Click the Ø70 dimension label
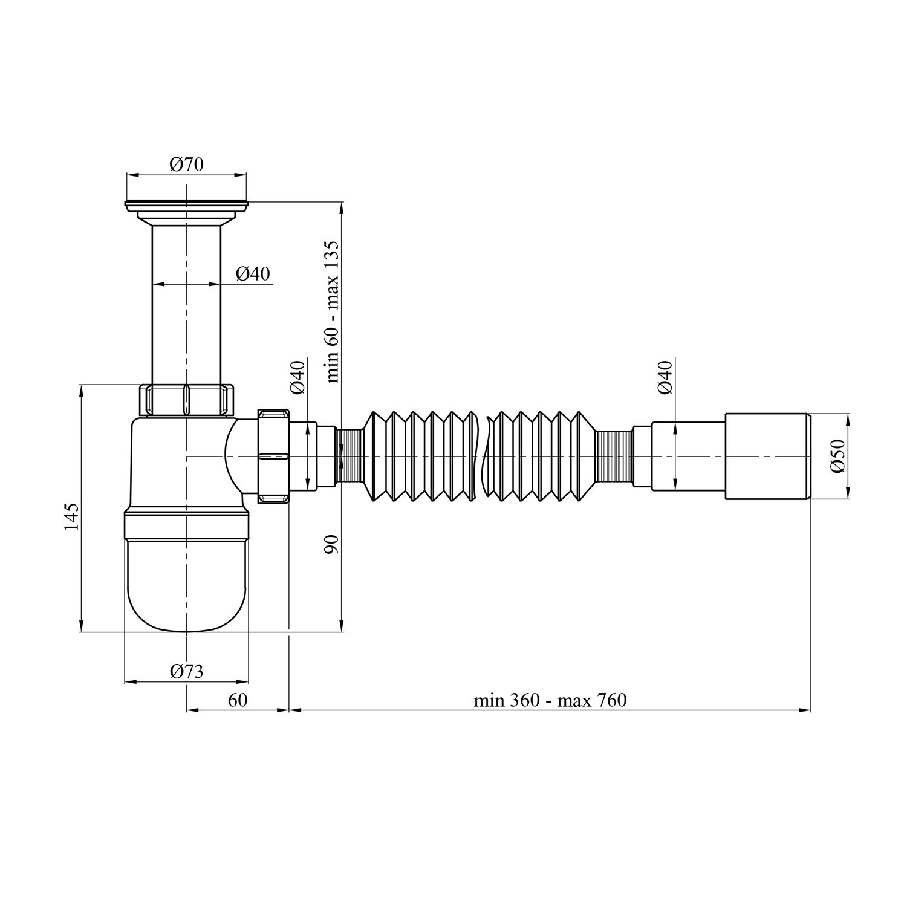click(186, 164)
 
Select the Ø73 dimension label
click(186, 671)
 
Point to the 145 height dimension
click(71, 516)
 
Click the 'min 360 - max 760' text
click(550, 700)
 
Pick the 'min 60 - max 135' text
click(333, 311)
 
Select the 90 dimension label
click(333, 544)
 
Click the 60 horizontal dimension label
click(238, 700)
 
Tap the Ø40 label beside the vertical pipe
click(253, 274)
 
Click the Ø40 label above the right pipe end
click(665, 377)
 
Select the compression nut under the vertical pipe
click(186, 400)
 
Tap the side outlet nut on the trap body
click(274, 457)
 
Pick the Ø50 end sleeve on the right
click(767, 457)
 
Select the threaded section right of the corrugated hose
click(614, 457)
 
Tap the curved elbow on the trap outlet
click(239, 457)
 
